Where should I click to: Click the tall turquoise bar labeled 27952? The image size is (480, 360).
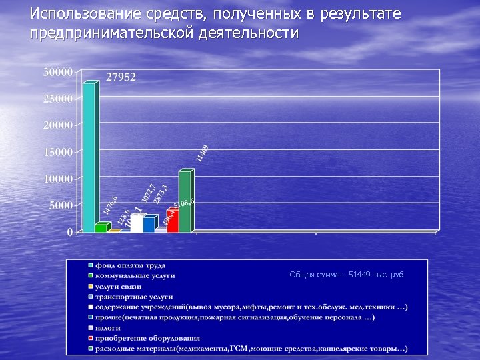[x=89, y=157]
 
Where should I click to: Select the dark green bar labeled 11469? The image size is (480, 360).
[x=185, y=201]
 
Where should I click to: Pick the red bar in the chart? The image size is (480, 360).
[x=172, y=221]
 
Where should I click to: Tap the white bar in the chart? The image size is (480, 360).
[x=136, y=223]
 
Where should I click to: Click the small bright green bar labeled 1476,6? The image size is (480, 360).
[x=101, y=227]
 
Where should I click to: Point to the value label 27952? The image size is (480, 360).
[x=121, y=77]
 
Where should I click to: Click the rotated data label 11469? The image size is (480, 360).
[x=203, y=153]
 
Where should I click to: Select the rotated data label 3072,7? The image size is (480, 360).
[x=149, y=193]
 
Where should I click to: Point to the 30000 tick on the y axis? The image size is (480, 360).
[x=58, y=72]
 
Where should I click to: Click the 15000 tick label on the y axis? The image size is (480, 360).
[x=58, y=152]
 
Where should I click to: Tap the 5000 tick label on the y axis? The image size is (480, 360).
[x=61, y=205]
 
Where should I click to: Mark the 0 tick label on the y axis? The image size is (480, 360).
[x=69, y=232]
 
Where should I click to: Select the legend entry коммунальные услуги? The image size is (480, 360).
[x=135, y=275]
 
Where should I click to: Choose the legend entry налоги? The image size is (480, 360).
[x=107, y=328]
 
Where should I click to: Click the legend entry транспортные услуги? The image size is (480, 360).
[x=133, y=296]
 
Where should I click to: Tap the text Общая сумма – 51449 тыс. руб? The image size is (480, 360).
[x=347, y=274]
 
